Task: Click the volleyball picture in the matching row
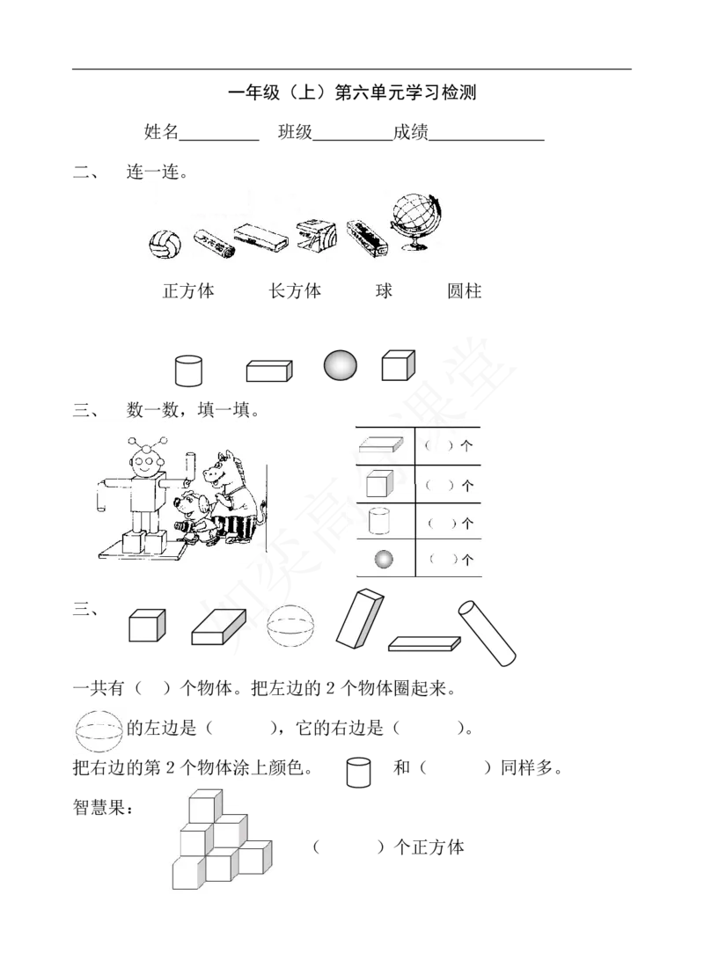[165, 244]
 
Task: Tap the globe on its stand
[416, 222]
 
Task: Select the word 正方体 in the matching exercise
[188, 290]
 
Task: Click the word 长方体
[295, 290]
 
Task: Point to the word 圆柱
[464, 290]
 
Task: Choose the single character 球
[384, 290]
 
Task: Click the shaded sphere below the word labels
[341, 365]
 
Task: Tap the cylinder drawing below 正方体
[188, 370]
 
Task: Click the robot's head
[147, 463]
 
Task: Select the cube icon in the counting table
[379, 483]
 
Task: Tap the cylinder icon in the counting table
[378, 521]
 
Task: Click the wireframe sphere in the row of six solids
[290, 627]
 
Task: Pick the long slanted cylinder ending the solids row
[487, 633]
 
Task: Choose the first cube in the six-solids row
[147, 625]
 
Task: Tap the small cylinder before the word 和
[358, 772]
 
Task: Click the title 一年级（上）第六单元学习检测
[353, 92]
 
